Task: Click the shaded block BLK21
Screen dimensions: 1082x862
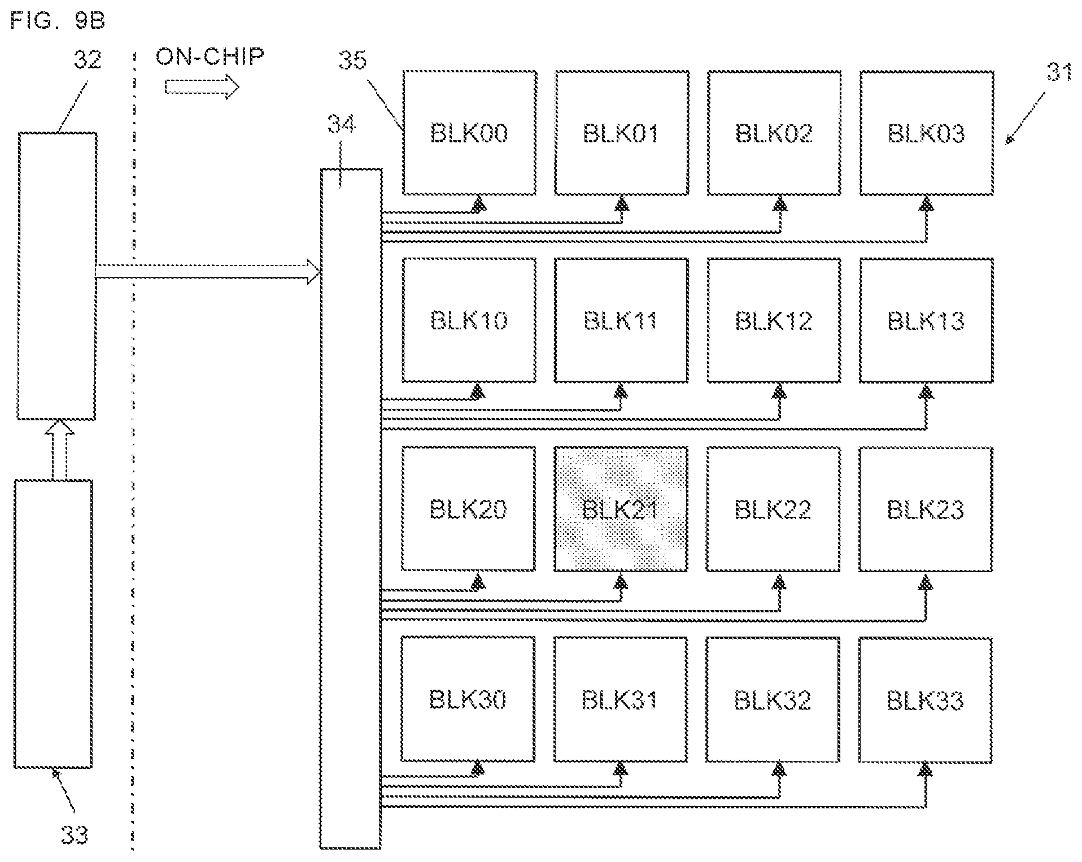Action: pos(621,509)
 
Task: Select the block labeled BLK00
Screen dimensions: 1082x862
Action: pos(469,133)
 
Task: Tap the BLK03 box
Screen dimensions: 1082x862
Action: pos(926,133)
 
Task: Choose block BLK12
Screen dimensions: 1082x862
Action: pos(774,320)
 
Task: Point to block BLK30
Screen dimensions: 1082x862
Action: pos(468,700)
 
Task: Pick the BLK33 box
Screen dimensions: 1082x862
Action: pos(925,700)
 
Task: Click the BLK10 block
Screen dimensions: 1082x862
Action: pos(469,320)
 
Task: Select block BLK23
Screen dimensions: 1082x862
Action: pos(926,509)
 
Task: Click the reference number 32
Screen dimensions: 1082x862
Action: pos(88,59)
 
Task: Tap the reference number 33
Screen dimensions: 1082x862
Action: pos(75,834)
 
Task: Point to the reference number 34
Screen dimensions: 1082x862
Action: pos(342,124)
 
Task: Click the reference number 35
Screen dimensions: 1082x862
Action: pos(353,60)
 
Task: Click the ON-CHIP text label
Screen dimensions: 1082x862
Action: pos(210,56)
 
